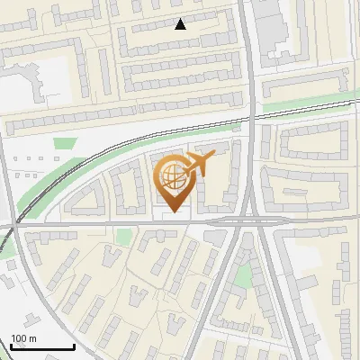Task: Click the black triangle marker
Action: point(180,24)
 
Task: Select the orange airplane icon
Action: point(197,164)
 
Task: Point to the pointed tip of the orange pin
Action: point(172,212)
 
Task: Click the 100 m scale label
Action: point(24,338)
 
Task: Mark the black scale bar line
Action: point(42,346)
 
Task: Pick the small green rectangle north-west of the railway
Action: point(63,143)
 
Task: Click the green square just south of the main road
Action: point(123,237)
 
